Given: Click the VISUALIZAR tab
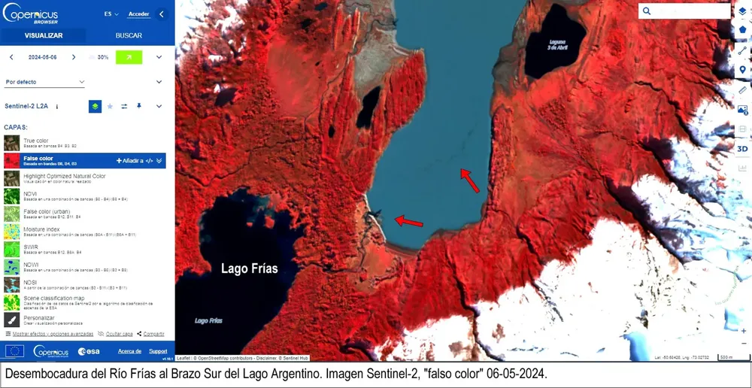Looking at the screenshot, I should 44,35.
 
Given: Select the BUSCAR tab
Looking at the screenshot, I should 129,35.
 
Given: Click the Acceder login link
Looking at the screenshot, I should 138,14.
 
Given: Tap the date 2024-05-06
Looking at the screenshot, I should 42,57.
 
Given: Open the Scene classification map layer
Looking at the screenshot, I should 54,299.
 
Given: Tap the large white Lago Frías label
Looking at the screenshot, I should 249,268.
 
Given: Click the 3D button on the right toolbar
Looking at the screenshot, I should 742,148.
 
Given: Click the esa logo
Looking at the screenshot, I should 88,351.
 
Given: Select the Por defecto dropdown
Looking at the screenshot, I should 44,82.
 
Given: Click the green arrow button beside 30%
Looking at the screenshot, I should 129,57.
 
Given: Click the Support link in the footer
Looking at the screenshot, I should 158,351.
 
